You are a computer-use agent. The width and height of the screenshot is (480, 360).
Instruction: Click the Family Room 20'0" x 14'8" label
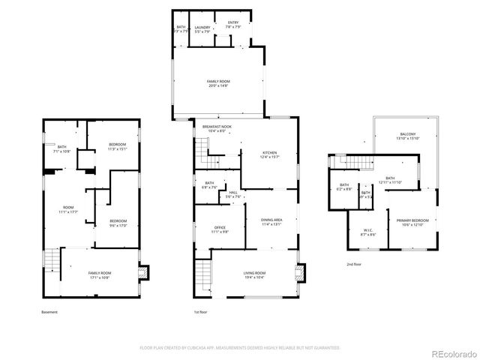[x=218, y=82]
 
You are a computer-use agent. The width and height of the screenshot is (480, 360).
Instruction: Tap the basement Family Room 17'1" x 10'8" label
[x=99, y=275]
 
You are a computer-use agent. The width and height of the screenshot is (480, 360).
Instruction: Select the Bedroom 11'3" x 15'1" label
[x=117, y=146]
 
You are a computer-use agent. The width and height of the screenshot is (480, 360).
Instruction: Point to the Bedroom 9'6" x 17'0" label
[x=117, y=222]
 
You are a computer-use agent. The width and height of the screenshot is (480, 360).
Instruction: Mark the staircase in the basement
[x=49, y=263]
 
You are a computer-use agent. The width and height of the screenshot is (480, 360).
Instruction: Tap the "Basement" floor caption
[x=49, y=312]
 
